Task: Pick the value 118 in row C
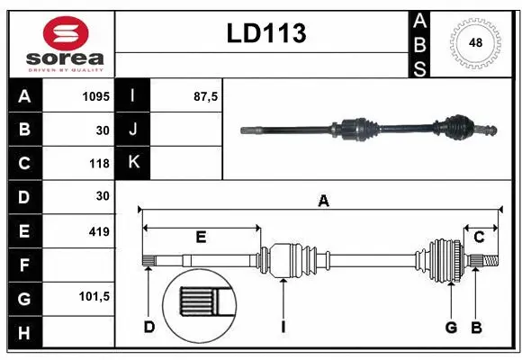coord(98,164)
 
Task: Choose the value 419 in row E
coord(98,231)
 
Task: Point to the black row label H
coord(23,333)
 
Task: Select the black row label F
coord(23,265)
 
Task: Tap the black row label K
coord(133,163)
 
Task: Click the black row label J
coord(133,130)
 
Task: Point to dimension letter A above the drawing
coord(322,202)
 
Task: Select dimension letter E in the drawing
coord(201,238)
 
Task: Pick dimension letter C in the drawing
coord(479,237)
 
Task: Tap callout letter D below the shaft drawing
coord(149,327)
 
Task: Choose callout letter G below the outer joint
coord(452,327)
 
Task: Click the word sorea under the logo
coord(65,58)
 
